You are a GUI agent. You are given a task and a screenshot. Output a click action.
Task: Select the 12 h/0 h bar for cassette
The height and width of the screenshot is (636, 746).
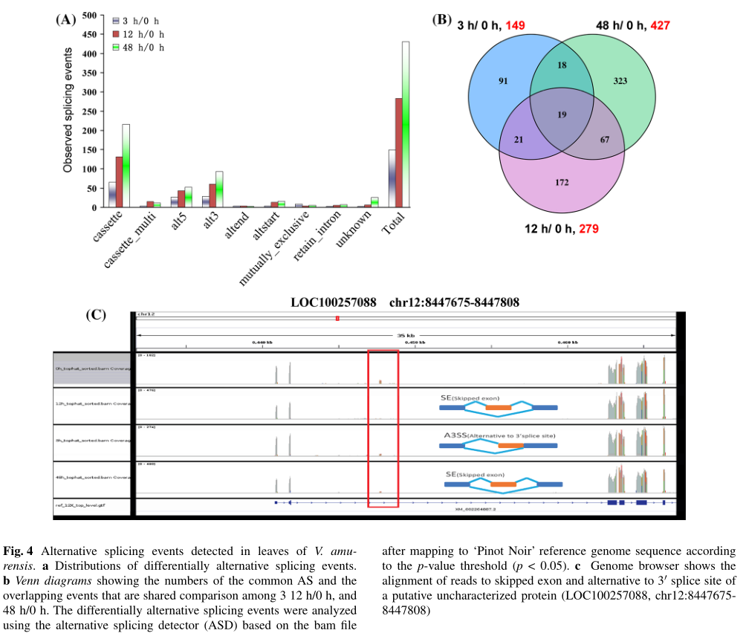click(x=119, y=182)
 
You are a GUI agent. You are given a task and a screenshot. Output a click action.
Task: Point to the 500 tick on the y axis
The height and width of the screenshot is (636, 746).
click(x=88, y=16)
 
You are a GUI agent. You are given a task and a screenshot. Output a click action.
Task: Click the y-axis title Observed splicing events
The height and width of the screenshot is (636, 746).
click(x=68, y=110)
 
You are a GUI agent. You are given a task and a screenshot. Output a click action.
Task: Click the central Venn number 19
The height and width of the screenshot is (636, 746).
click(x=562, y=115)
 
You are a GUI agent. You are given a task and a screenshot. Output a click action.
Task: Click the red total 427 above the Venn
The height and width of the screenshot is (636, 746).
click(x=660, y=26)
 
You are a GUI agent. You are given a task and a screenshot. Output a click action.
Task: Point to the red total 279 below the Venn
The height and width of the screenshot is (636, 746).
click(x=587, y=229)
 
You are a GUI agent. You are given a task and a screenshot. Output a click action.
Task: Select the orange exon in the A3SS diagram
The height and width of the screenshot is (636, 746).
click(x=510, y=446)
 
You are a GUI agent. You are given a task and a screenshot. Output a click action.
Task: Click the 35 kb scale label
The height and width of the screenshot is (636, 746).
click(x=406, y=334)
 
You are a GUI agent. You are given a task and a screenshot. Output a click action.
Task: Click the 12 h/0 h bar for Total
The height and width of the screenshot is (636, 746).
click(x=398, y=152)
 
